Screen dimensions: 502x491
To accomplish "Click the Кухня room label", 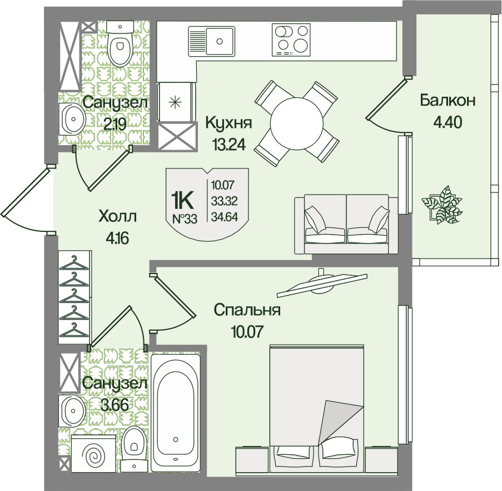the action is point(228,123).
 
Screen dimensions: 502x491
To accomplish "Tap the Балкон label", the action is point(448,101).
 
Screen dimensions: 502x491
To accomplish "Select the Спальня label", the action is point(247,310).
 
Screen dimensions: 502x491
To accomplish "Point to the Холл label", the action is point(118,216).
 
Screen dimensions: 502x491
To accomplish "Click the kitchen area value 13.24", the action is point(229,145).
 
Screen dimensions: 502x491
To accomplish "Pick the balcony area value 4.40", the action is point(448,122).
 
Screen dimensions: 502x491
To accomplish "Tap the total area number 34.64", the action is point(225,217).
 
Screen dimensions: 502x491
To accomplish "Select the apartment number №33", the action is point(185,219).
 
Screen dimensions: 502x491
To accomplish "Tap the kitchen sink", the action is point(212,41).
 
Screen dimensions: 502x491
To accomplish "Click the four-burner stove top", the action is point(291,39).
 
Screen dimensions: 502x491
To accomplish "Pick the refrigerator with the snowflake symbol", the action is point(176,102).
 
